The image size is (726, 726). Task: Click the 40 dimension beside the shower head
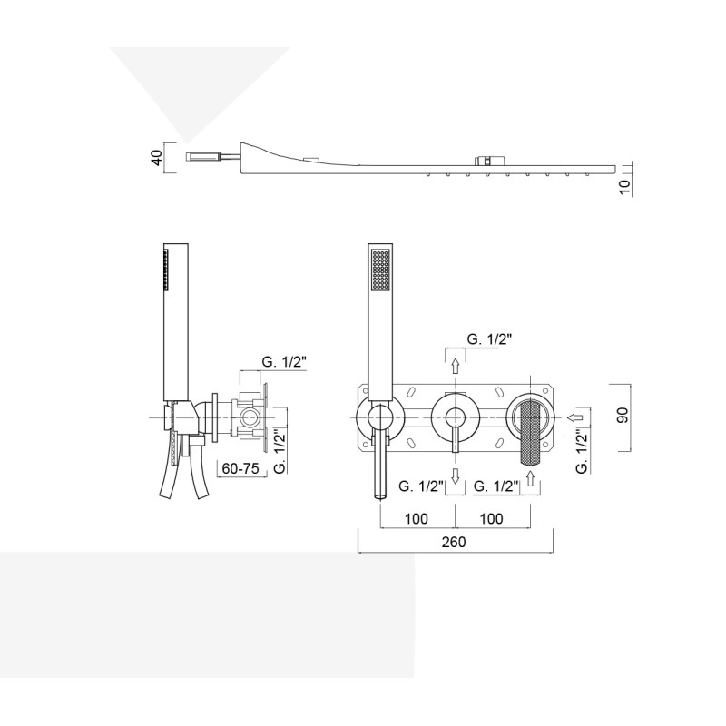click(158, 157)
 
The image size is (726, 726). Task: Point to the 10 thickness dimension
click(625, 187)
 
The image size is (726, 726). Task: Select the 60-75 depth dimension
click(240, 468)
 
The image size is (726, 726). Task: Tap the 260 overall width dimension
click(454, 542)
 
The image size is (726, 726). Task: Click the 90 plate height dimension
click(623, 415)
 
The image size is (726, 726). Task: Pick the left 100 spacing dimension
click(417, 518)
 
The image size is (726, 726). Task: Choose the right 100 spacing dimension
click(491, 518)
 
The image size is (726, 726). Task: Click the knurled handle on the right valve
click(531, 433)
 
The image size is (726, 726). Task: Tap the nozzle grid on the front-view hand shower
click(380, 270)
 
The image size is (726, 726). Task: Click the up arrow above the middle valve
click(456, 367)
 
